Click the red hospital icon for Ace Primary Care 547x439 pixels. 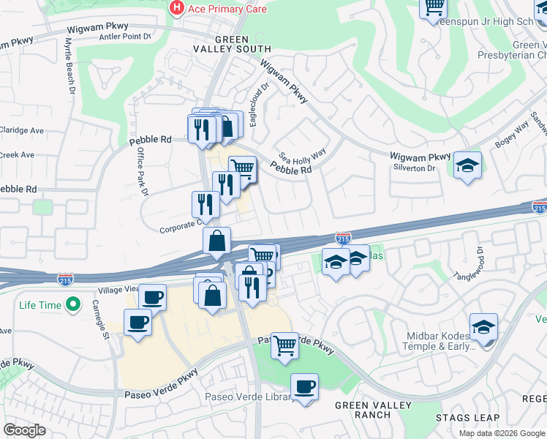click(176, 9)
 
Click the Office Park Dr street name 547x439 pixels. click(142, 171)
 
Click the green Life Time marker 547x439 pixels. click(72, 304)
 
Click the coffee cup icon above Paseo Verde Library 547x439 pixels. click(304, 386)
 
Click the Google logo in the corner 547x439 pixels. click(24, 430)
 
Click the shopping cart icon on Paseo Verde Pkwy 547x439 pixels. click(284, 345)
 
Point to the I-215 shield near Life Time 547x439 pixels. click(64, 278)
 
